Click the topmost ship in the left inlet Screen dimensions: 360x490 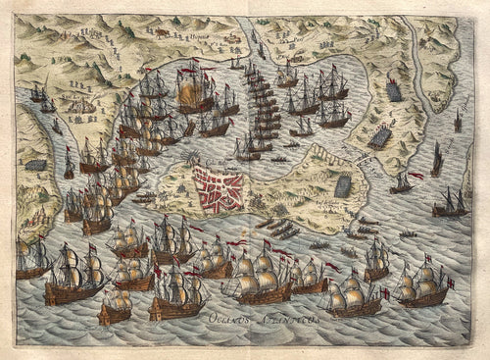click(40, 93)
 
